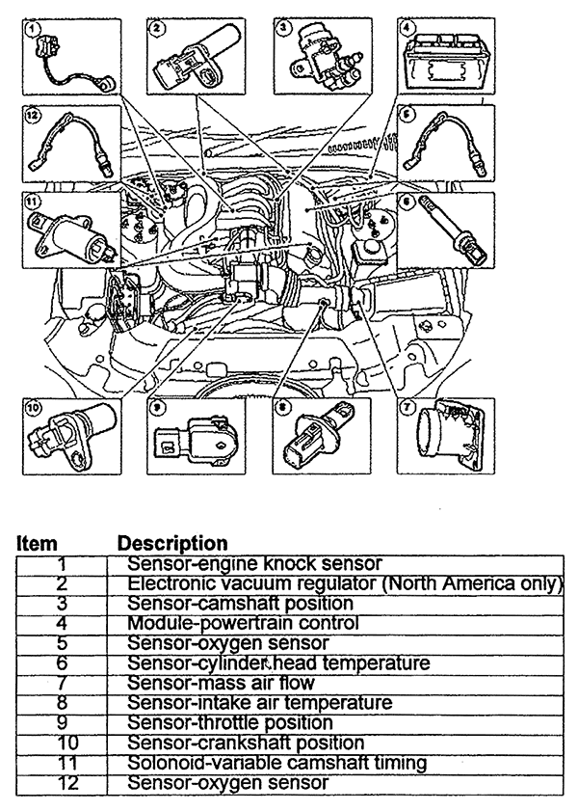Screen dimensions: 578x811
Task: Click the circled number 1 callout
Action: click(x=33, y=28)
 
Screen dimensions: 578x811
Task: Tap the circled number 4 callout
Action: click(x=407, y=28)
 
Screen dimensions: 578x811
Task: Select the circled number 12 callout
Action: click(x=33, y=115)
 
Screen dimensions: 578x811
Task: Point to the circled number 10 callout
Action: click(x=33, y=408)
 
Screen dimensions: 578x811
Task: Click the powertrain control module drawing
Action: click(x=445, y=60)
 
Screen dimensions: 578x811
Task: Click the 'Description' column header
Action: click(x=172, y=544)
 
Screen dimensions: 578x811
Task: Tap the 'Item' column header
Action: click(x=37, y=544)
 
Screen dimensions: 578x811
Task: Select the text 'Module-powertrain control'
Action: click(x=243, y=623)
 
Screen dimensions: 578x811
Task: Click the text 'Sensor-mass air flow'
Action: click(x=221, y=683)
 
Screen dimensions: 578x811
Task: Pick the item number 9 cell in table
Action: click(x=61, y=722)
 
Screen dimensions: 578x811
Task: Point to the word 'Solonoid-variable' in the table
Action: click(x=204, y=763)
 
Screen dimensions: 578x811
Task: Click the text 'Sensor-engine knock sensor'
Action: click(x=254, y=563)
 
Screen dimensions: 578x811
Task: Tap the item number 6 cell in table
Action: click(x=61, y=662)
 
